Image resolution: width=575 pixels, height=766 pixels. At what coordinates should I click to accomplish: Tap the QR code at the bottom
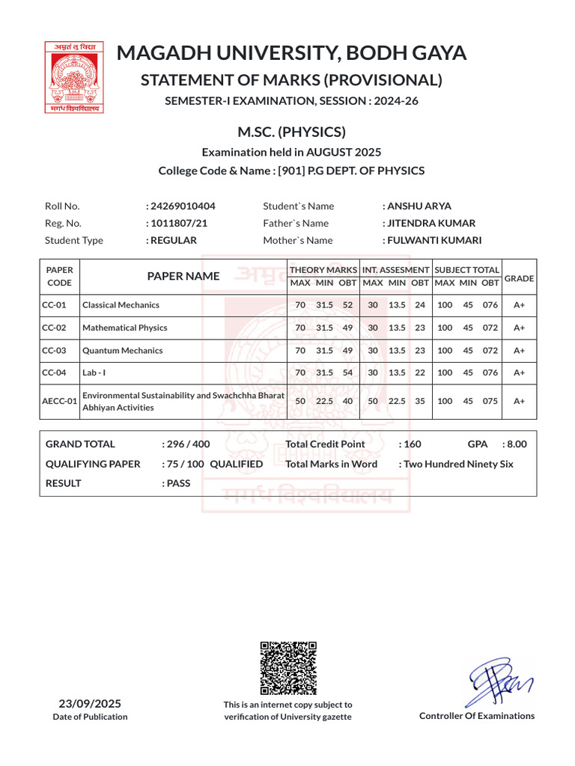pos(288,668)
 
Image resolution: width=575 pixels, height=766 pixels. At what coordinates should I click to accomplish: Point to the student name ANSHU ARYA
pos(419,206)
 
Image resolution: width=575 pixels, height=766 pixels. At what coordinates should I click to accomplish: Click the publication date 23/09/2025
pos(90,704)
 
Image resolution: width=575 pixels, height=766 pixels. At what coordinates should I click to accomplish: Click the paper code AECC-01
pos(60,401)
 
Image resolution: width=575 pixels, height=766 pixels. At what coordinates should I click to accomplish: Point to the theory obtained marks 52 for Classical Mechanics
pos(347,305)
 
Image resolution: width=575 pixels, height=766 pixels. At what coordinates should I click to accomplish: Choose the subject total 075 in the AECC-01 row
pos(490,401)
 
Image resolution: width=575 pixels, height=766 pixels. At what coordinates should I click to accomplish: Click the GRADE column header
pos(519,278)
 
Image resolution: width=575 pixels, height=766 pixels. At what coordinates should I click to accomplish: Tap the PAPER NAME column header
pos(183,276)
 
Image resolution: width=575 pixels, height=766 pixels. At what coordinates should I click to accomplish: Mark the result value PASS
pos(178,483)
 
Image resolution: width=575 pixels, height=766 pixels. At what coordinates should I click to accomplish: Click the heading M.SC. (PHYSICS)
pos(291,132)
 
